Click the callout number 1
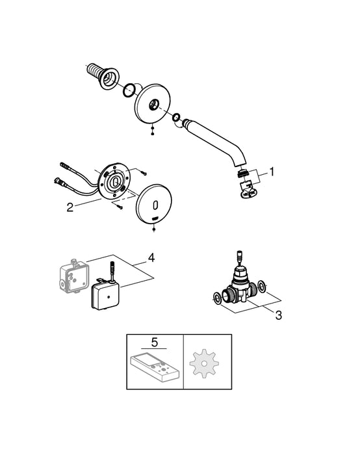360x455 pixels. pos(272,172)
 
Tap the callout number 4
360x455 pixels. pos(151,257)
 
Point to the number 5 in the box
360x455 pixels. pos(155,341)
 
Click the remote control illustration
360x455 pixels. pos(155,367)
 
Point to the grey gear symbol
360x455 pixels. pos(206,361)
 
